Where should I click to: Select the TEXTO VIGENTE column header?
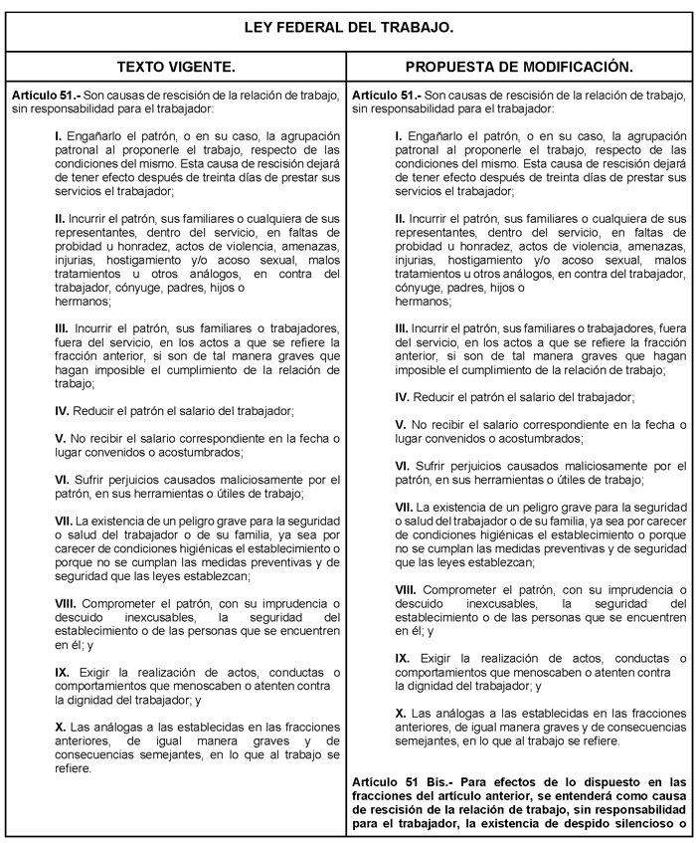(x=176, y=67)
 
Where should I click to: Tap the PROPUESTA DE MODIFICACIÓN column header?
(x=519, y=67)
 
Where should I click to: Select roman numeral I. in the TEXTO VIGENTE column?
(x=59, y=133)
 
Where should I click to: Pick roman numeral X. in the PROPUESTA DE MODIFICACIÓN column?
(x=401, y=713)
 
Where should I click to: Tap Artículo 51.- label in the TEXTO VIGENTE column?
(x=40, y=95)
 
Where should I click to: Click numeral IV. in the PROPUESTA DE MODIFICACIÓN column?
(x=403, y=397)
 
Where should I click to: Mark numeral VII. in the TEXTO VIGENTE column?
(x=63, y=521)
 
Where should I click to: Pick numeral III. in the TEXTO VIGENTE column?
(x=62, y=327)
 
